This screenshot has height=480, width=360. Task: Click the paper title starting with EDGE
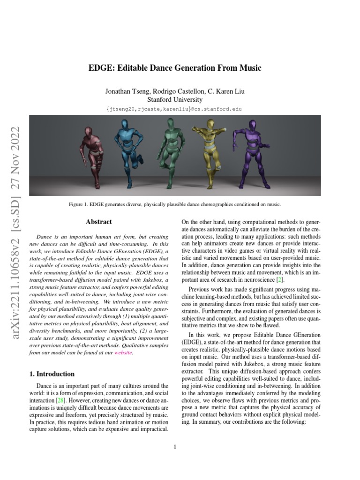175,68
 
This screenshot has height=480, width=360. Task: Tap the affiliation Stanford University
175,99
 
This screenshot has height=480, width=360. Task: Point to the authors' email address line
175,109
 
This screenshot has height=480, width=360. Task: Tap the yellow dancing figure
210,150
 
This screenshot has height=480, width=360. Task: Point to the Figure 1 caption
175,205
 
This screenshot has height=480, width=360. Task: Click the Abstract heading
99,222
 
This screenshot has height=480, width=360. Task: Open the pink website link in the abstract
124,353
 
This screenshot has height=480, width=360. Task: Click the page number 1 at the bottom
175,447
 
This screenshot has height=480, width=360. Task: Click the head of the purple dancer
253,125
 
